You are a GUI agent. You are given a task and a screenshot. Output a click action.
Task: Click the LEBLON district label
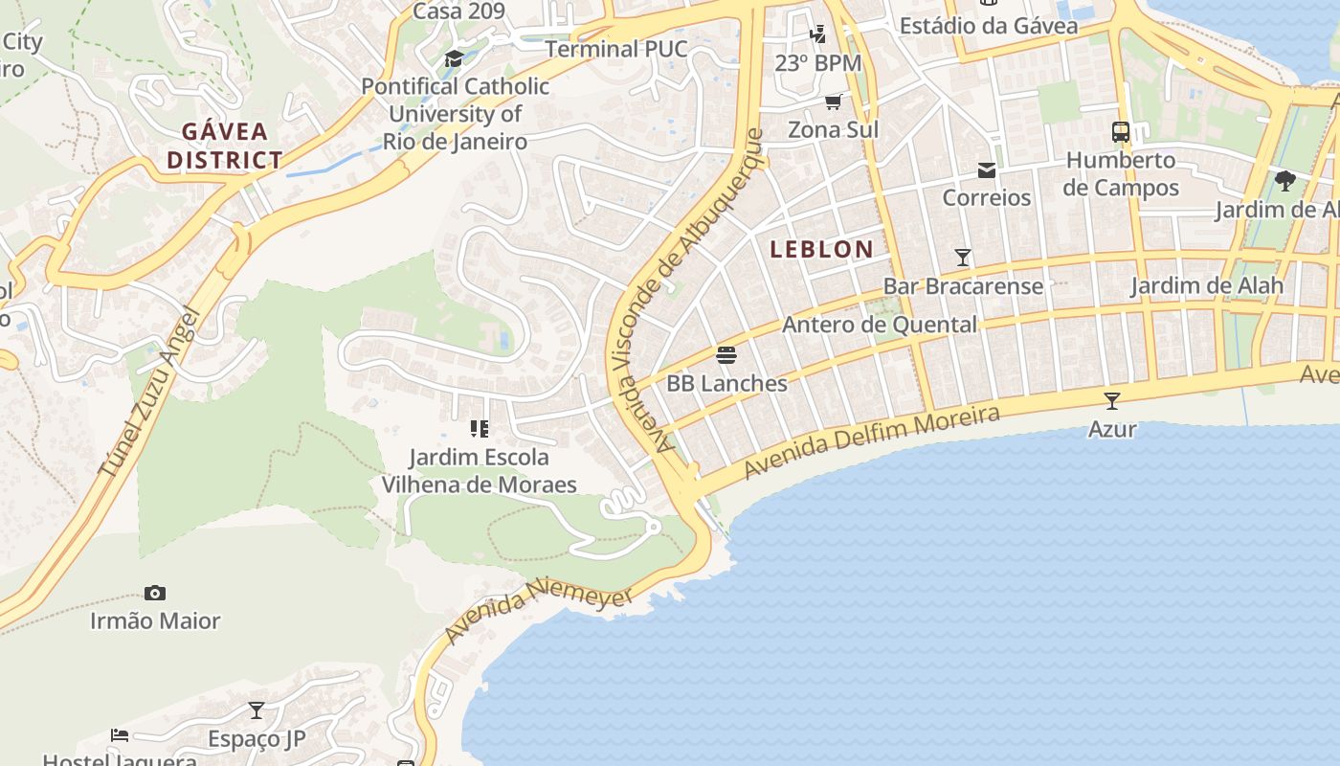pyautogui.click(x=821, y=249)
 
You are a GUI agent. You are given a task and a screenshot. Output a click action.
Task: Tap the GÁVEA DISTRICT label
pyautogui.click(x=225, y=146)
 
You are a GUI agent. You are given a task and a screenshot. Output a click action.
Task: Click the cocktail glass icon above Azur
pyautogui.click(x=1111, y=400)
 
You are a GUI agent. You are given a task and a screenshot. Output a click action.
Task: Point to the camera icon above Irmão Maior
pyautogui.click(x=155, y=594)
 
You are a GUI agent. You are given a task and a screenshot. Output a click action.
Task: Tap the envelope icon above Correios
pyautogui.click(x=986, y=170)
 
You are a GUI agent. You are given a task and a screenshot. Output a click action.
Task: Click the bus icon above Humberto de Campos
pyautogui.click(x=1120, y=132)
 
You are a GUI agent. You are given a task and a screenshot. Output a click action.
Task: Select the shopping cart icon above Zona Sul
pyautogui.click(x=833, y=101)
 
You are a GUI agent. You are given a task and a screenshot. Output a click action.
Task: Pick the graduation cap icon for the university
pyautogui.click(x=454, y=59)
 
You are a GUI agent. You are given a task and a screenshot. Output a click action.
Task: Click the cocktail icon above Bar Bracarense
pyautogui.click(x=963, y=258)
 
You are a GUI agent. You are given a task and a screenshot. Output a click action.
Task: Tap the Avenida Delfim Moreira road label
pyautogui.click(x=871, y=442)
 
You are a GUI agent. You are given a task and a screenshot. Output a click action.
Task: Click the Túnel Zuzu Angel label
pyautogui.click(x=148, y=393)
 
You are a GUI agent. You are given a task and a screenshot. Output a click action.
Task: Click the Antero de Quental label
pyautogui.click(x=880, y=325)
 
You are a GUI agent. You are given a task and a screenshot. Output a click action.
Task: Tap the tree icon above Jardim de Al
pyautogui.click(x=1284, y=180)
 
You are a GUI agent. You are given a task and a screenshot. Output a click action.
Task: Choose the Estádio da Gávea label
pyautogui.click(x=989, y=26)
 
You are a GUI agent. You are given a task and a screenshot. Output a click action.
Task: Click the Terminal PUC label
pyautogui.click(x=616, y=48)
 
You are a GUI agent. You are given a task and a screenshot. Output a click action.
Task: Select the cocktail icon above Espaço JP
pyautogui.click(x=256, y=710)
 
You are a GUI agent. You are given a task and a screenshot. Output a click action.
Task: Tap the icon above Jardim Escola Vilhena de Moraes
pyautogui.click(x=479, y=429)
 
